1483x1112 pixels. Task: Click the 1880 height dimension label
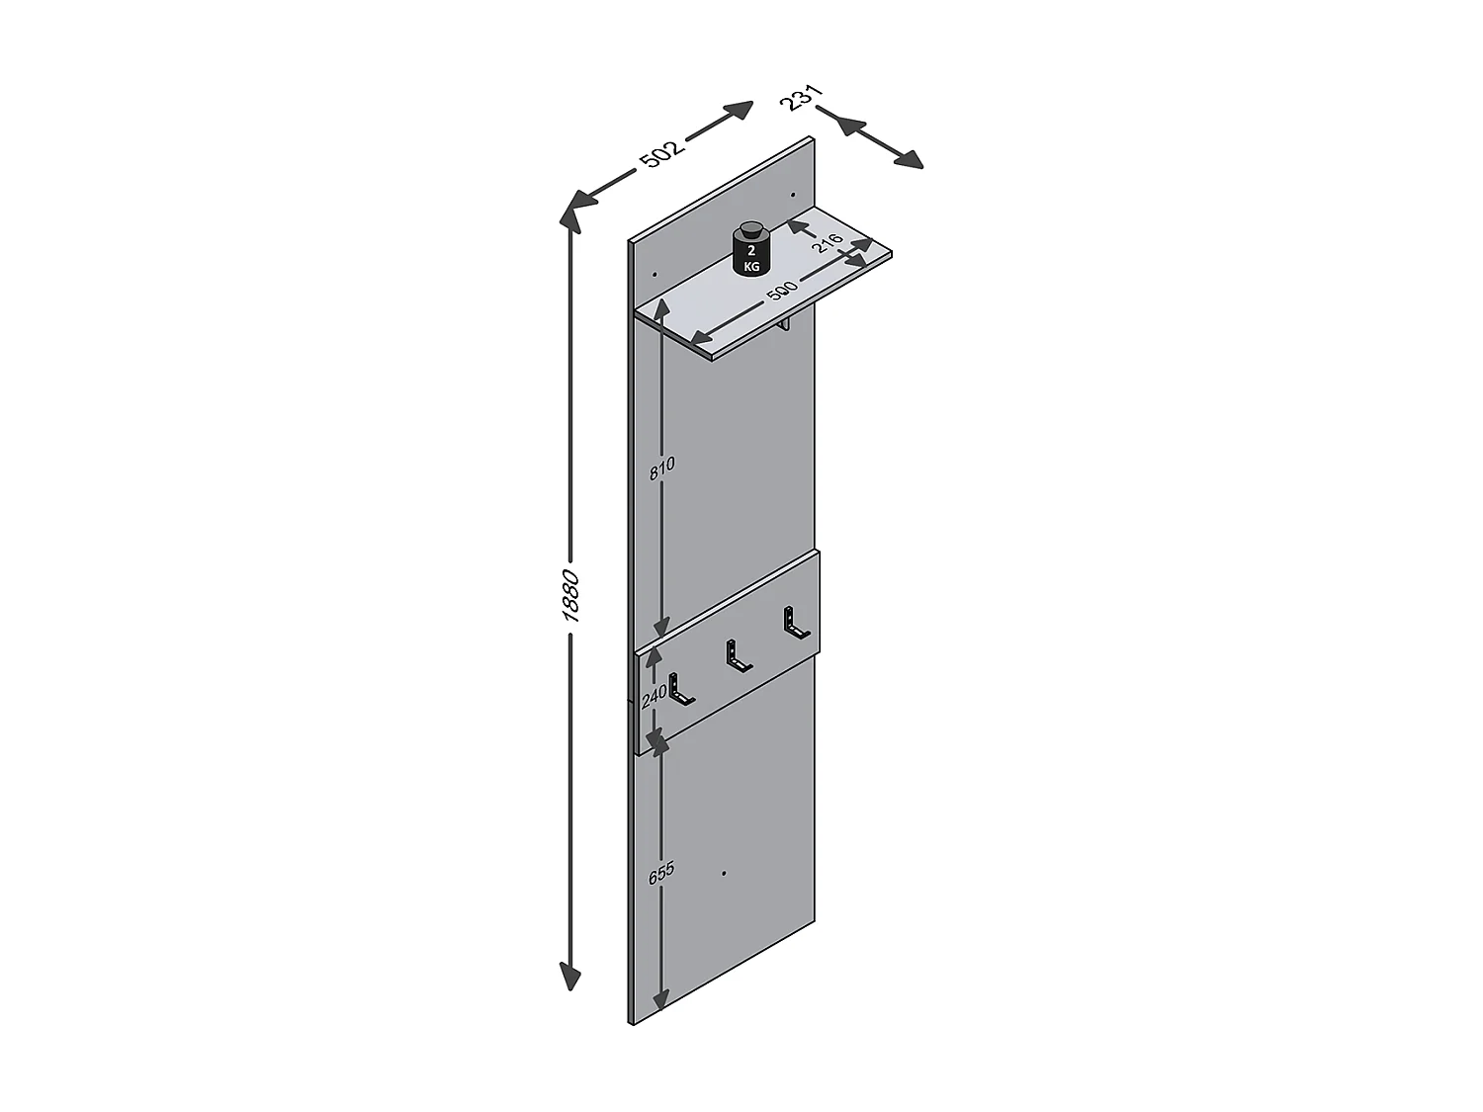(x=569, y=595)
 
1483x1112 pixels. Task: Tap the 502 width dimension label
(x=660, y=154)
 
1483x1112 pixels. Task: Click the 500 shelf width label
(x=781, y=291)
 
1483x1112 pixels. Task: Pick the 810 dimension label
(x=661, y=468)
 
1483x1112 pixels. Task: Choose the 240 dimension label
(x=654, y=697)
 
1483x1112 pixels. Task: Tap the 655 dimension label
(x=660, y=873)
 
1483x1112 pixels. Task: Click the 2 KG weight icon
(x=752, y=251)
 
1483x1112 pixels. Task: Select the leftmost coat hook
(x=679, y=689)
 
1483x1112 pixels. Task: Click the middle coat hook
(x=736, y=656)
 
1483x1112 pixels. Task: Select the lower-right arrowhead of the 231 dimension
(x=906, y=159)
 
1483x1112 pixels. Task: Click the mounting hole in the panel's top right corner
(x=793, y=195)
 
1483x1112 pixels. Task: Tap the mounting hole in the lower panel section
(x=724, y=874)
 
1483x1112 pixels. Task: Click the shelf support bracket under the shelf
(x=784, y=326)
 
